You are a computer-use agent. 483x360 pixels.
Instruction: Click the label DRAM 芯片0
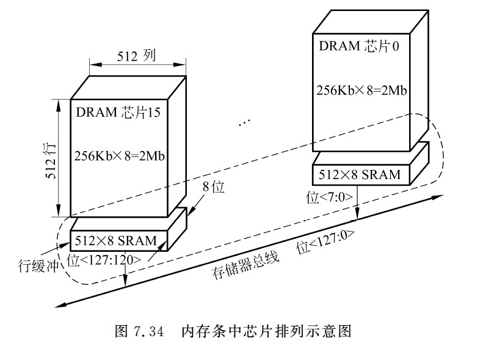[x=359, y=46]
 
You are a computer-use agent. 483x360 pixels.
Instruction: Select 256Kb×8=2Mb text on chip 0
[x=361, y=89]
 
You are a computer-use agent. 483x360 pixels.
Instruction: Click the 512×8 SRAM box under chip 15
[x=116, y=240]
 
